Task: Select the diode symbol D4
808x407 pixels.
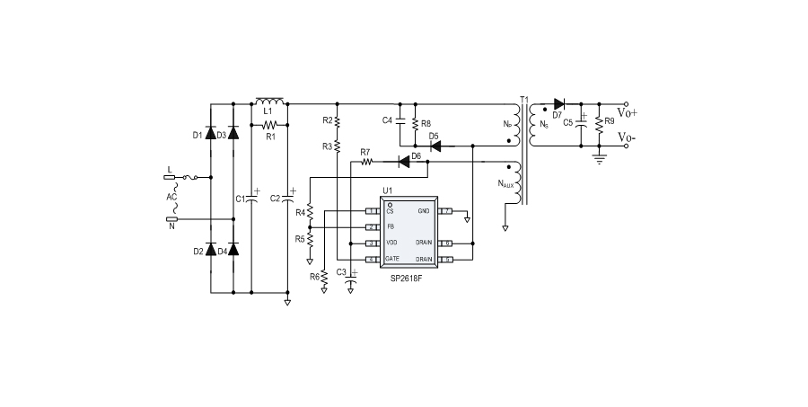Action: [x=233, y=250]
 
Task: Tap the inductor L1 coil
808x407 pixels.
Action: [x=269, y=102]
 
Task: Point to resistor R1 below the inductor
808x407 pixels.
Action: [x=269, y=125]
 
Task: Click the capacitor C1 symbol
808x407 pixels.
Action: [x=250, y=198]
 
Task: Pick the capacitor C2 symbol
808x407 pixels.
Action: [x=287, y=198]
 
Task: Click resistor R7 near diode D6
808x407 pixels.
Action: [x=365, y=163]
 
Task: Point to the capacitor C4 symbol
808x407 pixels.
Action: [x=400, y=119]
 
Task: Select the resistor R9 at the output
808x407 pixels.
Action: [x=598, y=120]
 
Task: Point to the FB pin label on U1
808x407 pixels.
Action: [x=390, y=226]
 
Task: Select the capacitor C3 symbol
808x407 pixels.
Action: [x=351, y=275]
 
